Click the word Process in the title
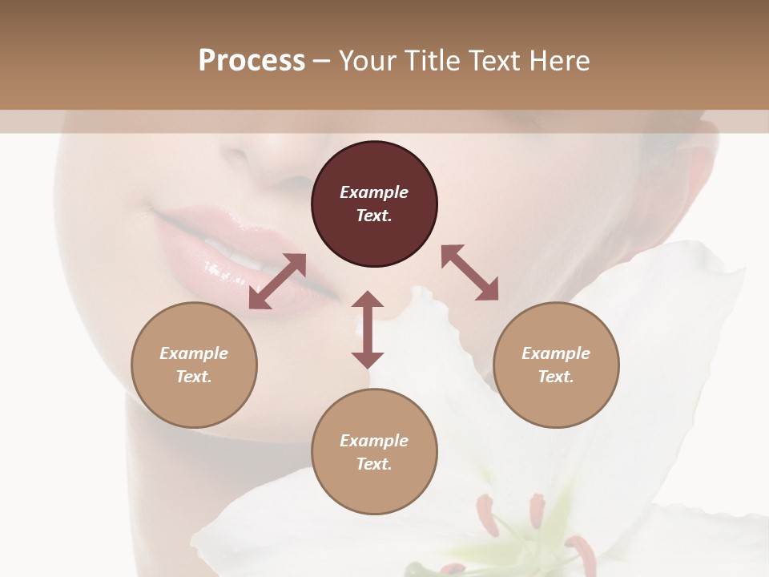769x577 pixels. [x=252, y=60]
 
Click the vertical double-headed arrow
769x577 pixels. [x=368, y=330]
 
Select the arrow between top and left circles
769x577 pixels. [x=277, y=281]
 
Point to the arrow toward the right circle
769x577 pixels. [x=469, y=272]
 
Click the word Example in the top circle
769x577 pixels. [x=374, y=192]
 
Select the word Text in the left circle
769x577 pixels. [x=194, y=377]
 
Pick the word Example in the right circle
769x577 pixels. [x=556, y=353]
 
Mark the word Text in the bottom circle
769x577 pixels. [x=374, y=464]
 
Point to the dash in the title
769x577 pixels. [x=322, y=61]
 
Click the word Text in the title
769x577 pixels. [x=493, y=60]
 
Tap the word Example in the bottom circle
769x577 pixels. [x=374, y=441]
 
